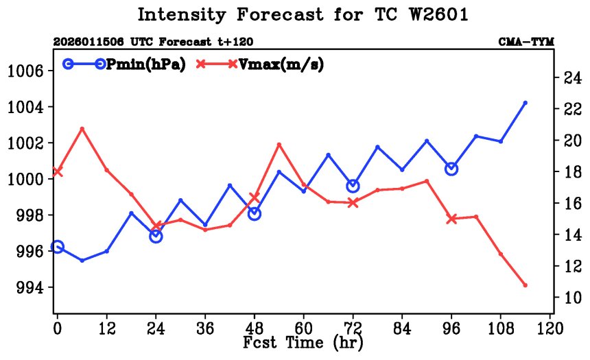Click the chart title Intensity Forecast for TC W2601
pyautogui.click(x=303, y=15)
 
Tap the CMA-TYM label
pyautogui.click(x=526, y=42)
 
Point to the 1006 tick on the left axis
pyautogui.click(x=27, y=71)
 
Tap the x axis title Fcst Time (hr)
pyautogui.click(x=303, y=341)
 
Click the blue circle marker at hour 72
pyautogui.click(x=353, y=186)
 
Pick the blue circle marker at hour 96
pyautogui.click(x=451, y=169)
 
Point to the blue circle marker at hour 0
pyautogui.click(x=58, y=247)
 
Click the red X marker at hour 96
pyautogui.click(x=451, y=219)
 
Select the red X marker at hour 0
pyautogui.click(x=58, y=171)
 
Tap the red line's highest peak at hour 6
pyautogui.click(x=82, y=129)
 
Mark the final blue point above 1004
pyautogui.click(x=525, y=103)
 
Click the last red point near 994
pyautogui.click(x=525, y=285)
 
